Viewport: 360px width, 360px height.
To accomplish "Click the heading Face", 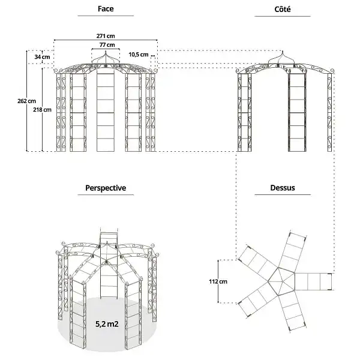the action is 106,9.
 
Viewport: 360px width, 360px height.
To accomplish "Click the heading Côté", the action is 283,9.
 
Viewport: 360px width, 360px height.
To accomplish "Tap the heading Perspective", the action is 106,188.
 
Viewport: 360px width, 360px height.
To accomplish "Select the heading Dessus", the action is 283,188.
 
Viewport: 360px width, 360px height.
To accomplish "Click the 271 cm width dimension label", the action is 106,36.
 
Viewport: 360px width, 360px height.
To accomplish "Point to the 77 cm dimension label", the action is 107,45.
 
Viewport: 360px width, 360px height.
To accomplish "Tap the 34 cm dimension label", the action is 42,57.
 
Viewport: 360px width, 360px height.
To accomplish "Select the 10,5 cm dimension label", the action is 139,55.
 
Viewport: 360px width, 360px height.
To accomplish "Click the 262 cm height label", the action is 26,101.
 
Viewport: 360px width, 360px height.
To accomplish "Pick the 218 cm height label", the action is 42,110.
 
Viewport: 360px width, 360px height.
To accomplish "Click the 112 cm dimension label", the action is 218,281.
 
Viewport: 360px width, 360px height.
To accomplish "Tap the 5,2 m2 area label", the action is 107,324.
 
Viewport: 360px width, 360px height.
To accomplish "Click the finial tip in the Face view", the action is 106,51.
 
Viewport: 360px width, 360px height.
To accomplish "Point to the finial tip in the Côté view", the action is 283,51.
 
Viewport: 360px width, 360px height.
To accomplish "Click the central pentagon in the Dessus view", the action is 281,281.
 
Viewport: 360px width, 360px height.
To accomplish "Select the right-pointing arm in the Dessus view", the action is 313,281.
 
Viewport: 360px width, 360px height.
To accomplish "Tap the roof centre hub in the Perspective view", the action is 106,261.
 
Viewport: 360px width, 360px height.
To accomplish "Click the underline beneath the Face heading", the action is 106,16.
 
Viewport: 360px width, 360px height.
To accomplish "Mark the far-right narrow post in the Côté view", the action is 329,113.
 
